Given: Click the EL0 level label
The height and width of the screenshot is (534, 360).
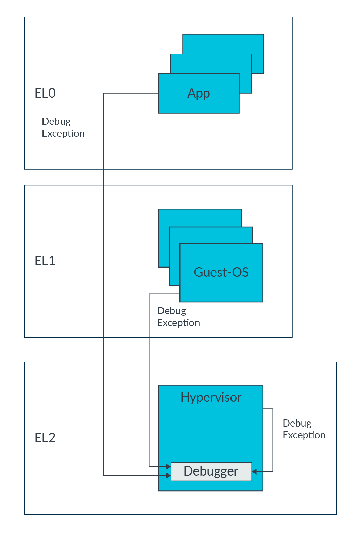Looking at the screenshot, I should point(45,93).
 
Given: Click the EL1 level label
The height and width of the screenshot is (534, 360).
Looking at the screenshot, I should point(45,261).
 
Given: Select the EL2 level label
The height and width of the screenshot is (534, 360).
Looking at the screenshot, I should point(45,438).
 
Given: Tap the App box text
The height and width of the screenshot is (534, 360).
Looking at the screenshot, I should point(199,93).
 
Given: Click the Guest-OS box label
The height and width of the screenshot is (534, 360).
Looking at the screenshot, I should point(221,272).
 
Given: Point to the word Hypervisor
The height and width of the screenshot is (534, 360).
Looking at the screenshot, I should point(211,397).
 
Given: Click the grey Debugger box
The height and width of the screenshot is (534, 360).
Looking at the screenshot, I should point(211,471).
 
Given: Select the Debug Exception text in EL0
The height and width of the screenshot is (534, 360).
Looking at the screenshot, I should point(63,127).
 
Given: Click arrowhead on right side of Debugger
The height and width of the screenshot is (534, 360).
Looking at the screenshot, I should point(254,471).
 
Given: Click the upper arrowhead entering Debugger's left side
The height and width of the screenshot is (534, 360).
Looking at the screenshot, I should point(168,467).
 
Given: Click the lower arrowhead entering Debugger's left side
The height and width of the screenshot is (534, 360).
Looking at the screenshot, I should point(168,476).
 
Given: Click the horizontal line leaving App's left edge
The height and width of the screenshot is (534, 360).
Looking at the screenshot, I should point(131,93).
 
